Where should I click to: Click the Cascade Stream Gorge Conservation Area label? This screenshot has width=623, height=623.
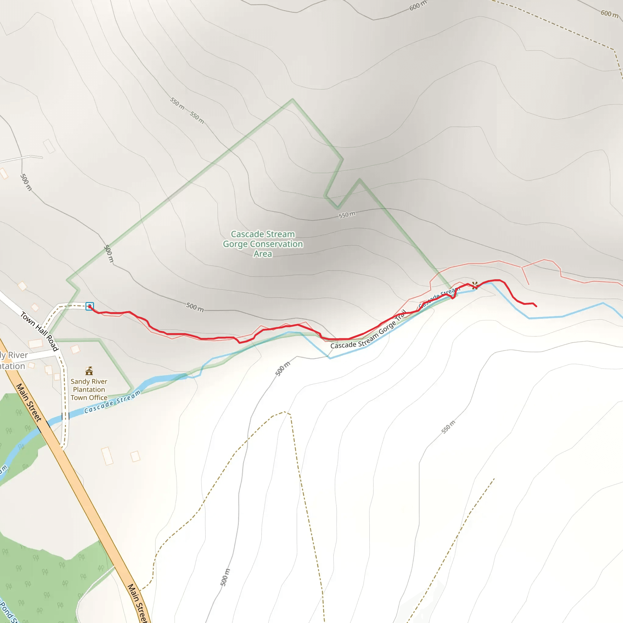263,244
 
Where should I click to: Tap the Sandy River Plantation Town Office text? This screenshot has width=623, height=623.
89,390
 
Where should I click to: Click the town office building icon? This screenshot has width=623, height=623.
89,371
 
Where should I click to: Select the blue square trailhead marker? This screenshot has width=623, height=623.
90,306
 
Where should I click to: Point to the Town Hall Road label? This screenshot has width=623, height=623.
39,331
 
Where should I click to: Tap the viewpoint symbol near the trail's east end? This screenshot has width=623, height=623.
475,285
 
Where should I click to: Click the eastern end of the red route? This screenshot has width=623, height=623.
536,306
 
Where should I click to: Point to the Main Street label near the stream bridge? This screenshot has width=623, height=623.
29,402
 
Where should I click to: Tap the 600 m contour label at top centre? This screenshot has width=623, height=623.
418,5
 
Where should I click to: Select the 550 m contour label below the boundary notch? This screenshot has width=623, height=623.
347,215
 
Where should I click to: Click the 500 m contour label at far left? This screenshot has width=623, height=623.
26,182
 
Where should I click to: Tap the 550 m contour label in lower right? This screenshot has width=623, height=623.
448,427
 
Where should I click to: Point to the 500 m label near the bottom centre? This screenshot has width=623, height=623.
225,577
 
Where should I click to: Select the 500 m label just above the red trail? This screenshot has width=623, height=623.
195,307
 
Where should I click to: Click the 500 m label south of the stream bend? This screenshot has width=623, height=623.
283,369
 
